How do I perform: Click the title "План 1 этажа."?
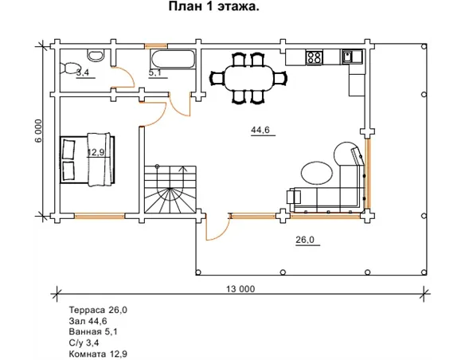214,6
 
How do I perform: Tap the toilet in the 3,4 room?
68,68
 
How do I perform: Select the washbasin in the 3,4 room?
96,55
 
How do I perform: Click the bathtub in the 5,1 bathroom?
173,59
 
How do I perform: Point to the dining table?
248,78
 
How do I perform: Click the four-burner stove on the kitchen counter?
315,57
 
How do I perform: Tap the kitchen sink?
352,57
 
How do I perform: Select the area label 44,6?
260,130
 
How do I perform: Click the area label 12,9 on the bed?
96,152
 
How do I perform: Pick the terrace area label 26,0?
305,239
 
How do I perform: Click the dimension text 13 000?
240,289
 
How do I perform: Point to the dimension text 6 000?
39,131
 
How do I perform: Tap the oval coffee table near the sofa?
317,173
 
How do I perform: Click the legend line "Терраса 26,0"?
98,310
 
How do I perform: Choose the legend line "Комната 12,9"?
98,354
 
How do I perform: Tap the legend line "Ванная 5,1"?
93,331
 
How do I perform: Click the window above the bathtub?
156,46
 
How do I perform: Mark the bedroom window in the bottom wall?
100,216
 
